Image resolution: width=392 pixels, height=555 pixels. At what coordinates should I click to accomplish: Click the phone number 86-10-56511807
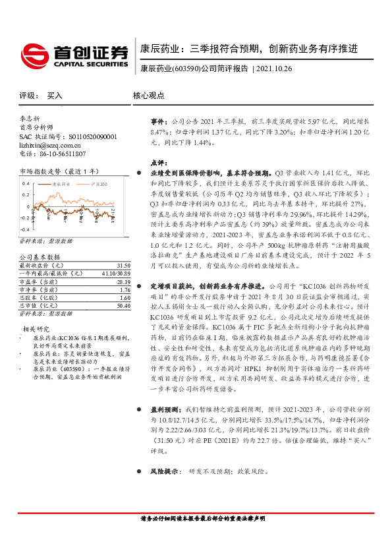tap(59, 154)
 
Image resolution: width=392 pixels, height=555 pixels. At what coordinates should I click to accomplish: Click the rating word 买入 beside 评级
tap(55, 96)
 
